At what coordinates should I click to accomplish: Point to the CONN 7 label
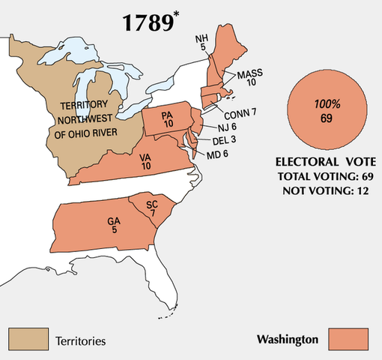point(240,112)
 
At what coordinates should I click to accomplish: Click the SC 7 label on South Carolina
point(151,210)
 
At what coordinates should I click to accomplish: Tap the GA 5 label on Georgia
point(112,227)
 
